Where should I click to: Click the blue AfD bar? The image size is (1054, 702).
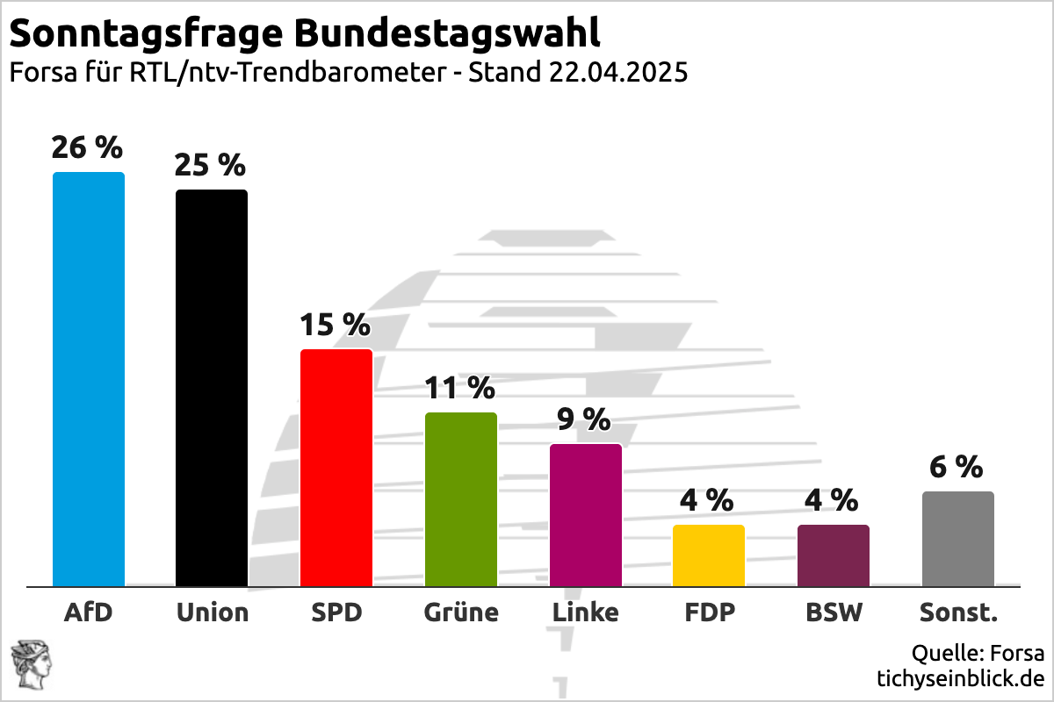[x=89, y=379]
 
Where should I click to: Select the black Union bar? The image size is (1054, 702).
[x=212, y=388]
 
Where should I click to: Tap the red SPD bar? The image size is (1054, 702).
[x=336, y=468]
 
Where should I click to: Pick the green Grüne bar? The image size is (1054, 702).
[x=461, y=499]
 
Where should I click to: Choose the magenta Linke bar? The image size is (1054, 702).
[x=586, y=515]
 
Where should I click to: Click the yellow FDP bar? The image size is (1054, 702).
[x=709, y=555]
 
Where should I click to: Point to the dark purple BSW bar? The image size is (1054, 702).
[x=834, y=555]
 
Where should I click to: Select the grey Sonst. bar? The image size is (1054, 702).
[x=958, y=539]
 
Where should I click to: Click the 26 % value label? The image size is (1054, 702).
[x=87, y=147]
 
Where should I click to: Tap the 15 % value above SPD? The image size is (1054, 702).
[x=336, y=325]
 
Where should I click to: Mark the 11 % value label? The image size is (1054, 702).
[x=460, y=387]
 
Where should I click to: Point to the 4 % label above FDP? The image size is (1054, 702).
[x=707, y=500]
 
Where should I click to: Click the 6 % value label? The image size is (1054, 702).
[x=957, y=467]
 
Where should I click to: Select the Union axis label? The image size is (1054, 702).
[x=213, y=612]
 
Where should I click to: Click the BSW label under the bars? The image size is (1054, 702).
[x=834, y=612]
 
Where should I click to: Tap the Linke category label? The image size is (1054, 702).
[x=586, y=612]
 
